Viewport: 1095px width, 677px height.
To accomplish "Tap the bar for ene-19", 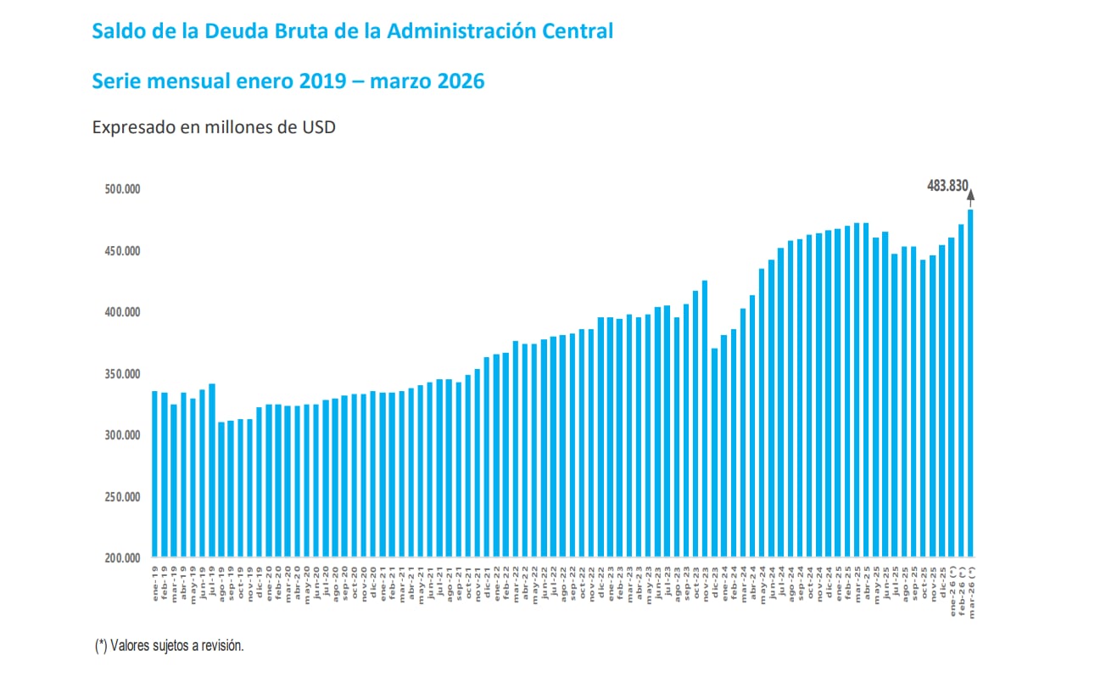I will click(155, 474).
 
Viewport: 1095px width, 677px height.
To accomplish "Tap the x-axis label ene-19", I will click(155, 579).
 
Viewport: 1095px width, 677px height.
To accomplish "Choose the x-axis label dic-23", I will click(715, 579).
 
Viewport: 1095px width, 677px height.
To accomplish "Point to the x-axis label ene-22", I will click(496, 579).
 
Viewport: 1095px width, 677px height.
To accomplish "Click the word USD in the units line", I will click(318, 128).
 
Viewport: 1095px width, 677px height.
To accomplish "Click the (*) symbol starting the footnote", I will click(100, 646).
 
